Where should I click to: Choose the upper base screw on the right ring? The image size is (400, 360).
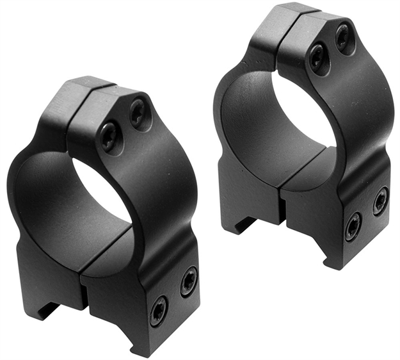381,200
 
